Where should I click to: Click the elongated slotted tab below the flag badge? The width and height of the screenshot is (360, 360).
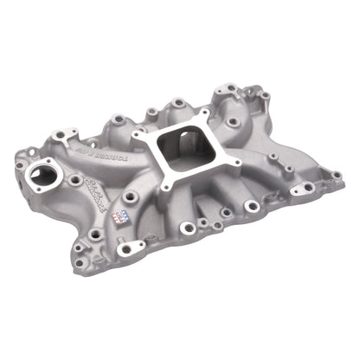click(127, 249)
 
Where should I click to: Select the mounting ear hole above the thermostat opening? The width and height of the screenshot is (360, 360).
click(61, 134)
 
